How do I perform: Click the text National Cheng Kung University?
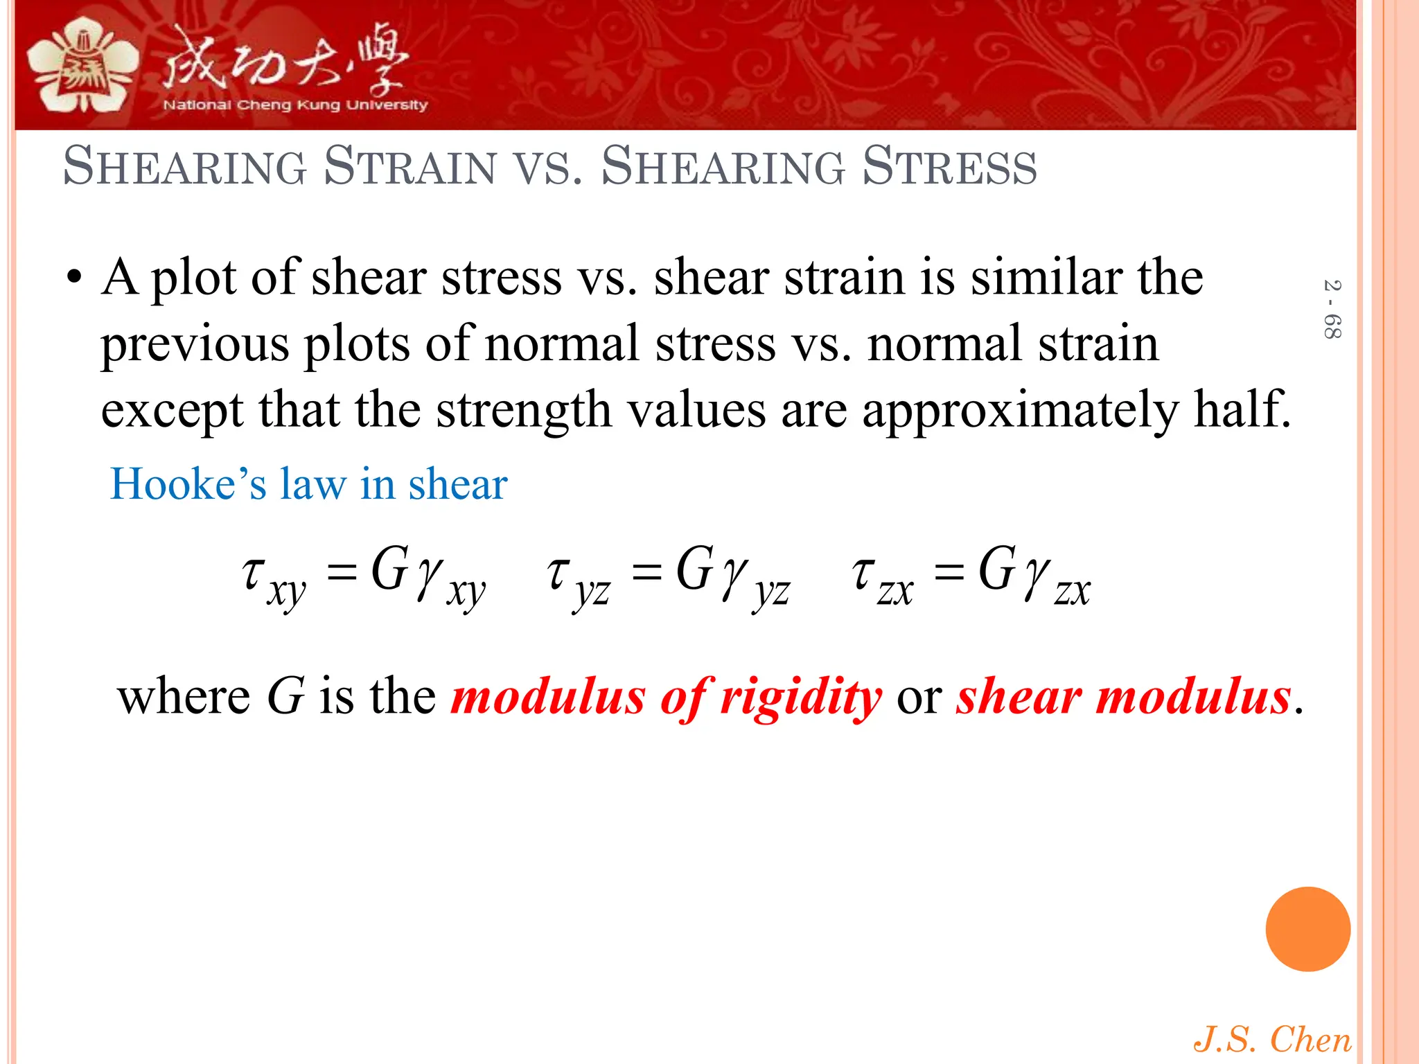tap(295, 105)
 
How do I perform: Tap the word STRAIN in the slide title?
tap(410, 167)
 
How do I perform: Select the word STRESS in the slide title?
tap(949, 167)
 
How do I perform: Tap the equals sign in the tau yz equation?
tap(646, 573)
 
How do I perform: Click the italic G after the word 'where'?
tap(285, 696)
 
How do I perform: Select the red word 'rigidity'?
tap(801, 697)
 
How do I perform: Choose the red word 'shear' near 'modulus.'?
tap(1019, 696)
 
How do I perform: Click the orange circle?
tap(1307, 929)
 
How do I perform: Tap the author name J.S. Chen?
tap(1272, 1040)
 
